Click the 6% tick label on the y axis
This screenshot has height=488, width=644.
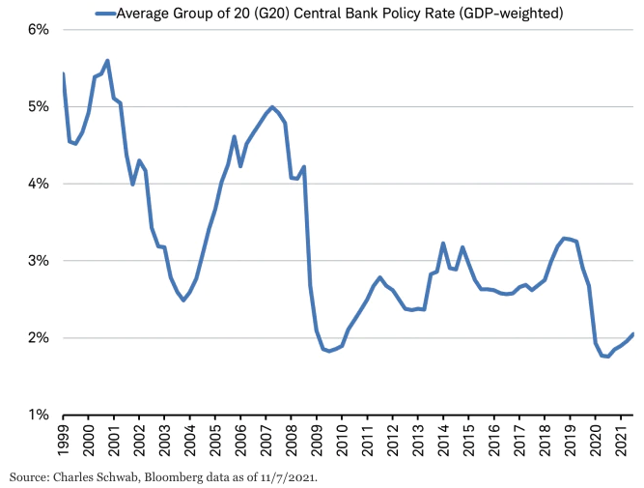point(36,29)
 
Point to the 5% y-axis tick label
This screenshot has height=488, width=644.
point(36,106)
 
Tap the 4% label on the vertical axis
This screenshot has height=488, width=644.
point(36,184)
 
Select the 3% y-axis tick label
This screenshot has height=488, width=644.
point(36,261)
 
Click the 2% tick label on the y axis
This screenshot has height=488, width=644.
point(36,338)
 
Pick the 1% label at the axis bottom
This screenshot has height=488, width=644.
point(36,416)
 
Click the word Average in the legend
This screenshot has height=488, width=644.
point(145,14)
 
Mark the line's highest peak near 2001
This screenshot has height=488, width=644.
point(107,61)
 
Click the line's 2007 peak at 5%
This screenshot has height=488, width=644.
point(272,106)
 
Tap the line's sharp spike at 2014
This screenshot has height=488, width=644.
point(443,244)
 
